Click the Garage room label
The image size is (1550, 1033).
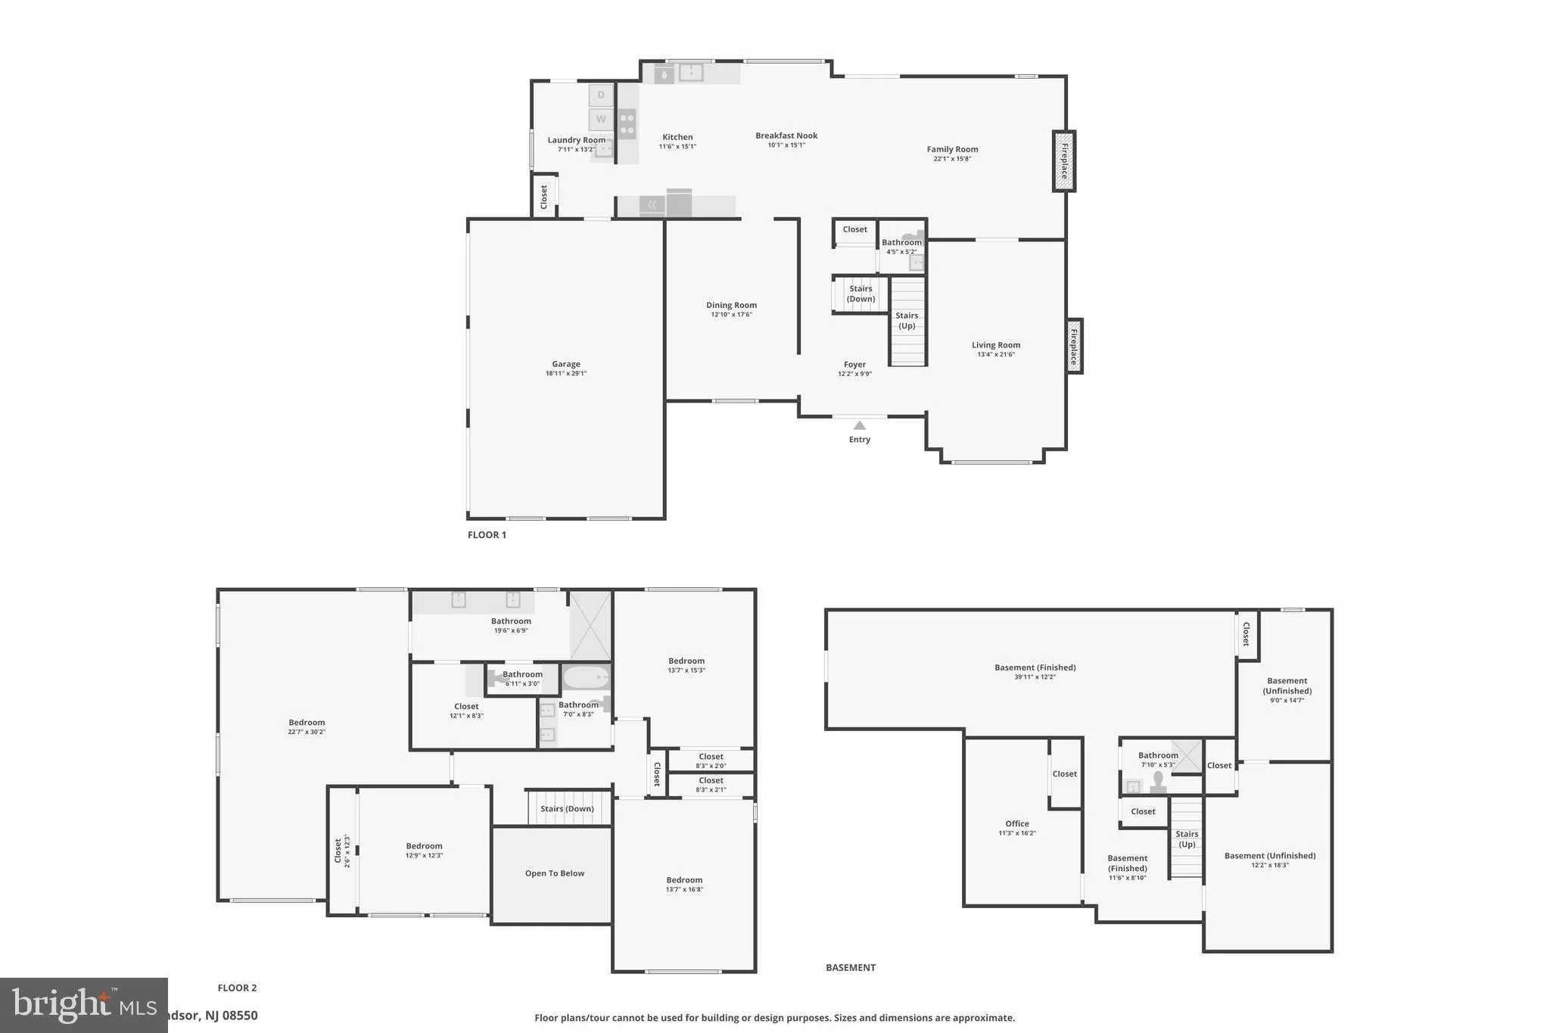coord(565,364)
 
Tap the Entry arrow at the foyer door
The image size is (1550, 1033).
coord(859,425)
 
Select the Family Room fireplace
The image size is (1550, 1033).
coord(1063,161)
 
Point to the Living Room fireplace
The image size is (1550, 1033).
coord(1074,347)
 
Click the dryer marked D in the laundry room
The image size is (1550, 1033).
coord(601,95)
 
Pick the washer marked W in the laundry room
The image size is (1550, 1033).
coord(601,119)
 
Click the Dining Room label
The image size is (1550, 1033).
coord(731,305)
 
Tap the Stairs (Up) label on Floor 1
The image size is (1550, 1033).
coord(907,321)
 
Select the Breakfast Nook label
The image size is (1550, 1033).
coord(786,135)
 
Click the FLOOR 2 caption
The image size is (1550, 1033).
coord(237,988)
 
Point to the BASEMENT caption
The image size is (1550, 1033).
coord(850,967)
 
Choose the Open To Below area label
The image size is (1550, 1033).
coord(555,873)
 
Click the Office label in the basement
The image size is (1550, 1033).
coord(1016,823)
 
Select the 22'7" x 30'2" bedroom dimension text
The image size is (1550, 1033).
coord(307,732)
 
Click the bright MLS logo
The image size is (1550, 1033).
coord(83,1005)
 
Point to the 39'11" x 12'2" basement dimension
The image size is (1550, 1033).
coord(1035,677)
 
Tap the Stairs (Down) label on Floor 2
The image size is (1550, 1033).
coord(567,808)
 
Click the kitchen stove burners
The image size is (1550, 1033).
coord(627,124)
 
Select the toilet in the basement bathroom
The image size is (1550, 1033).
coord(1158,781)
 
